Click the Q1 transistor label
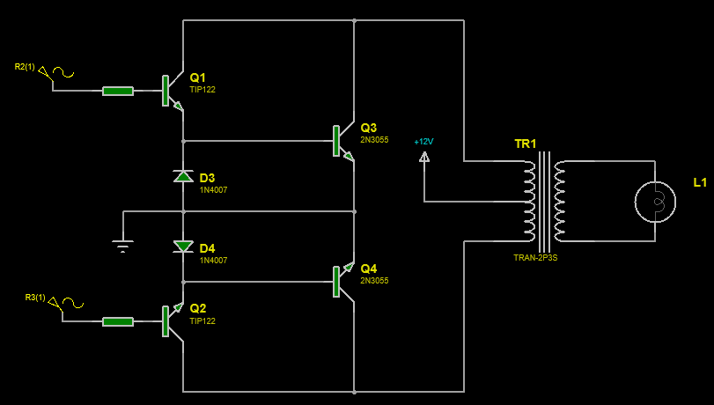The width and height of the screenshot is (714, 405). coord(197,77)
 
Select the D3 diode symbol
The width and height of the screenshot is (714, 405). coord(183,176)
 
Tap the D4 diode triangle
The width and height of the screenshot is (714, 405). coord(183,247)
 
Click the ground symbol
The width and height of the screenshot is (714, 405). coord(123,246)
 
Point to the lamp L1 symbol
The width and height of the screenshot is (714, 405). coord(655,202)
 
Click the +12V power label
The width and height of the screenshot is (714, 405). coord(423,142)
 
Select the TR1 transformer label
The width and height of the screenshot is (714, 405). coord(525,144)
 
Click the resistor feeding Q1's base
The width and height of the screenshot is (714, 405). coord(118,91)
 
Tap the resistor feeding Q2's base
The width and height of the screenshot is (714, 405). coord(118,321)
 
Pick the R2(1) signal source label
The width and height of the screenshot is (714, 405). coord(25,67)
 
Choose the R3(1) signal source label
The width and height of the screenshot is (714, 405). coord(35,298)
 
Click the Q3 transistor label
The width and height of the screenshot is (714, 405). coord(368,128)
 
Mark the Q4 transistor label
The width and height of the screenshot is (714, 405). coord(368,269)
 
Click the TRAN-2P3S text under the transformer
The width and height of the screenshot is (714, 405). coord(535,257)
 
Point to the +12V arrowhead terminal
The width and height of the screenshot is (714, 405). coord(424,158)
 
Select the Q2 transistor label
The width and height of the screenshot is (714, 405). coord(197,308)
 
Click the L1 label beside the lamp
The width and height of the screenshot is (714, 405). coord(700,182)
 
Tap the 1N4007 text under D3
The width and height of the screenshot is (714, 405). coord(213,190)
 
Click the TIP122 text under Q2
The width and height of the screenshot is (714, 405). coord(202,321)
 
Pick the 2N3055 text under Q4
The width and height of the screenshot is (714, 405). coord(374,281)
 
